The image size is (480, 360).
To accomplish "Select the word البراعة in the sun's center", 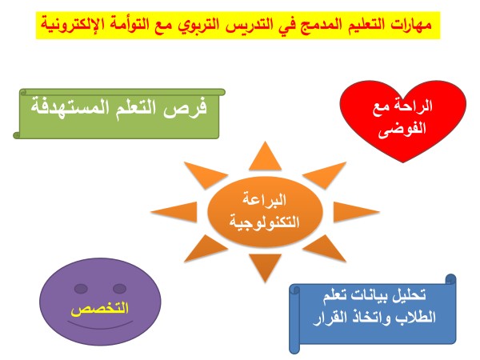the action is tap(265, 200).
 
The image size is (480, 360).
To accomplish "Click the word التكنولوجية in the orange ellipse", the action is tap(264, 222).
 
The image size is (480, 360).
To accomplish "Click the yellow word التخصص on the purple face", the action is tap(100, 309).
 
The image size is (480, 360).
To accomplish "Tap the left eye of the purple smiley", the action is tap(81, 289).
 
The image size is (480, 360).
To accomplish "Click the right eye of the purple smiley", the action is tap(119, 289).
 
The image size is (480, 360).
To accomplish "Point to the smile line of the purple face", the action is tap(100, 327).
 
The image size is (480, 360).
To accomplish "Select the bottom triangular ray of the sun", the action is tap(265, 265).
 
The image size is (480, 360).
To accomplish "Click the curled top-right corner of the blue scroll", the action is tap(450, 280).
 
